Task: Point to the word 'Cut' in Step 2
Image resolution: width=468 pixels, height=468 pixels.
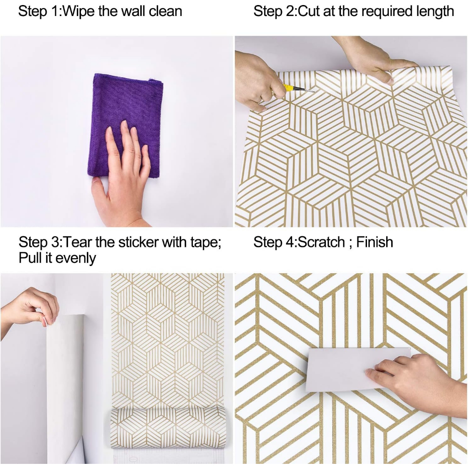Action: point(309,11)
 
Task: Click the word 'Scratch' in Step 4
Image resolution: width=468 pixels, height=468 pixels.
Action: point(321,242)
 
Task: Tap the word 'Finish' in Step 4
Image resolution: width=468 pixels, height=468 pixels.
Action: point(375,242)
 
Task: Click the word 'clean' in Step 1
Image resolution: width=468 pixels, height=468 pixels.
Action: point(165,12)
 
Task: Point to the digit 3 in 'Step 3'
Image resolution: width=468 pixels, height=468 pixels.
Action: point(55,242)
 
